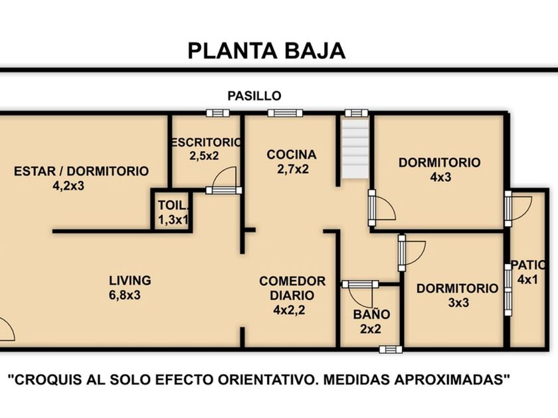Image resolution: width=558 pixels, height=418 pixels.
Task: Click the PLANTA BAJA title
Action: coord(266,51)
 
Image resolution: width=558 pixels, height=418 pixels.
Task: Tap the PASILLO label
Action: coord(254,96)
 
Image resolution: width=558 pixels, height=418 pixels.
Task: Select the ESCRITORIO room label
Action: coord(206,143)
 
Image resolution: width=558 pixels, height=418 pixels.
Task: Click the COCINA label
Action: coord(292,155)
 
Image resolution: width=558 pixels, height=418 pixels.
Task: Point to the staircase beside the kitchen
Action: coord(355,149)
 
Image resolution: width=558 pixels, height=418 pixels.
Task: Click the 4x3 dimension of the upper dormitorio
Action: coord(440,177)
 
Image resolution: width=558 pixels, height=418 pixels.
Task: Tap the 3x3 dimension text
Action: coord(458,303)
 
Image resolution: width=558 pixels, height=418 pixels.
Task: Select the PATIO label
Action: coord(528,265)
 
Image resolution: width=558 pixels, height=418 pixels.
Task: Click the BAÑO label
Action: coord(371,314)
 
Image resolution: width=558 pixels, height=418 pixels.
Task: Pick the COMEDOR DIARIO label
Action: coord(292,288)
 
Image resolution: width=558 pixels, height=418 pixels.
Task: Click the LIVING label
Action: coord(130,281)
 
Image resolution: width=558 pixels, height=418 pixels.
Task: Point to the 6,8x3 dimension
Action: coord(125,295)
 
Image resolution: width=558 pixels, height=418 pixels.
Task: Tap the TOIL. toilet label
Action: coord(173,206)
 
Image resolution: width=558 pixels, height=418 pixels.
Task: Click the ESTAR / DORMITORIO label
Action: coord(81,171)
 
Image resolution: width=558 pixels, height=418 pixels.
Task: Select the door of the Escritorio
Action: coord(224,181)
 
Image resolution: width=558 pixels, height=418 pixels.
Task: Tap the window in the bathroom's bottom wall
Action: coord(391,350)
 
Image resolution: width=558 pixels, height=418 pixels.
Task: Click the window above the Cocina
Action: coord(285,113)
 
